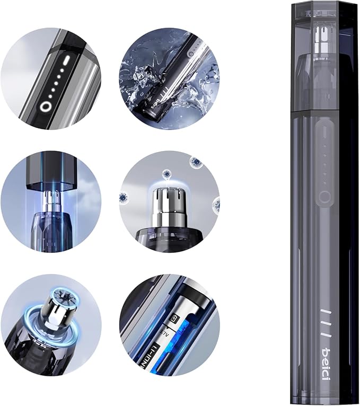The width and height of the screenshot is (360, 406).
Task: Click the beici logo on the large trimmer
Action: coord(325,353)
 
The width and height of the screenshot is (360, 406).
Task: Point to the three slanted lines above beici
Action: coord(325,317)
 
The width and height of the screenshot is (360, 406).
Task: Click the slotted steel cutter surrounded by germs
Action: coord(168,202)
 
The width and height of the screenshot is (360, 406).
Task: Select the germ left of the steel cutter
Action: coord(123,198)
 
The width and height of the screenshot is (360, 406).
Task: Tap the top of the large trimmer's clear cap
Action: coord(324,7)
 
